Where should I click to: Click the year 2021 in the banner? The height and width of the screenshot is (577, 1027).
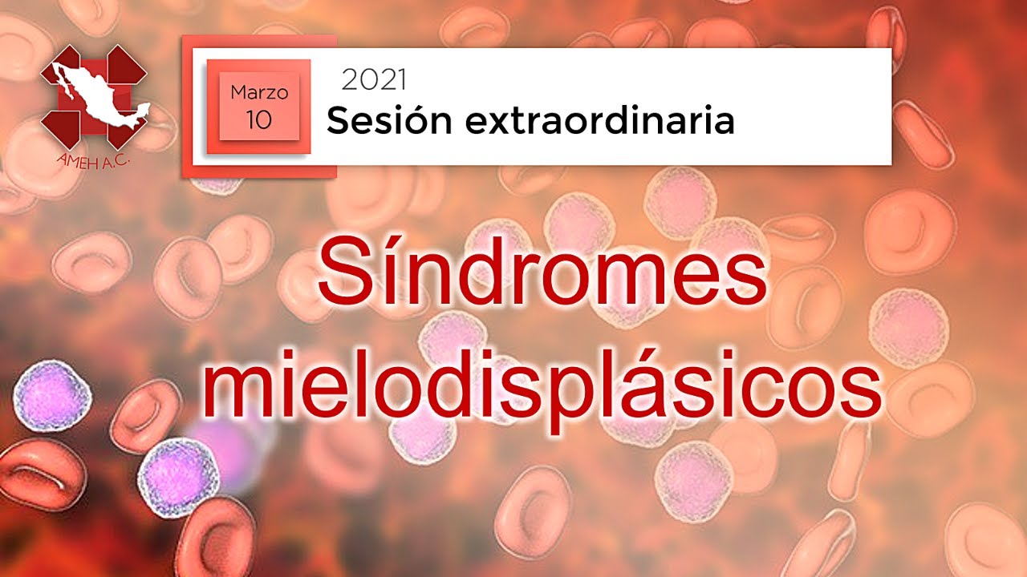[x=374, y=79]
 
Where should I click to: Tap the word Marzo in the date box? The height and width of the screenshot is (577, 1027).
[x=259, y=92]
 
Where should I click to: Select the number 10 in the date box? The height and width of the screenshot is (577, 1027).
[x=259, y=119]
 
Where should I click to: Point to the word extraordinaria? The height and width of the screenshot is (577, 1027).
[x=600, y=121]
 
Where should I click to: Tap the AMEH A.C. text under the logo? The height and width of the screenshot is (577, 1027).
[x=94, y=161]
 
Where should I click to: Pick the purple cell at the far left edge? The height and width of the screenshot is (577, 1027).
[x=52, y=395]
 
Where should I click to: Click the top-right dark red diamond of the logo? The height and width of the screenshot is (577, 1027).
[x=127, y=64]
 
